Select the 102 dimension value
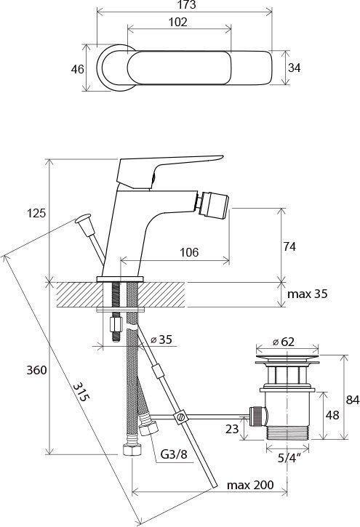[177, 23]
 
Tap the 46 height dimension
[77, 69]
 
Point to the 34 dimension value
[294, 68]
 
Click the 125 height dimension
[36, 213]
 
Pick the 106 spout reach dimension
[189, 252]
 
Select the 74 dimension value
[289, 246]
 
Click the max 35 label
[307, 294]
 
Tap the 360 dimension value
[36, 370]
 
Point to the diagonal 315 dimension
[81, 392]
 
